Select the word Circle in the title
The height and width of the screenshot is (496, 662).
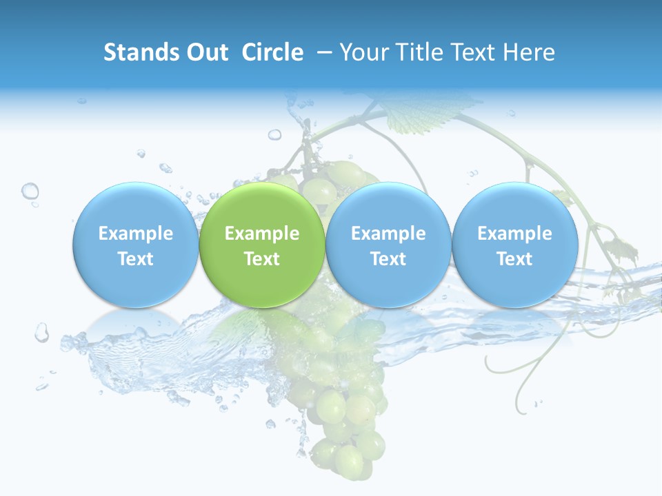pyautogui.click(x=272, y=52)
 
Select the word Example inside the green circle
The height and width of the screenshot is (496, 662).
pyautogui.click(x=262, y=234)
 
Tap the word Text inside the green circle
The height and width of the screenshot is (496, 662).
pyautogui.click(x=262, y=259)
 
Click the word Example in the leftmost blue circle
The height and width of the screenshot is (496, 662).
pyautogui.click(x=135, y=234)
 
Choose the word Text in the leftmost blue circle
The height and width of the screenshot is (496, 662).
pyautogui.click(x=135, y=259)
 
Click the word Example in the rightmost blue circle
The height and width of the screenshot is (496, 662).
pyautogui.click(x=514, y=234)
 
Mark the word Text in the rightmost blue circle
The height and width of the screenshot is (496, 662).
pyautogui.click(x=514, y=259)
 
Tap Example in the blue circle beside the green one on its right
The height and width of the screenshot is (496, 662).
pyautogui.click(x=388, y=234)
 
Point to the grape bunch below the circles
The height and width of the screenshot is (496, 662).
pyautogui.click(x=341, y=413)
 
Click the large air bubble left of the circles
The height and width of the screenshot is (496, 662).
pyautogui.click(x=30, y=191)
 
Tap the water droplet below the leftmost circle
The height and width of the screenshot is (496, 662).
pyautogui.click(x=42, y=333)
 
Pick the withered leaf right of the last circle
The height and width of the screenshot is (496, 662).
pyautogui.click(x=620, y=245)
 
